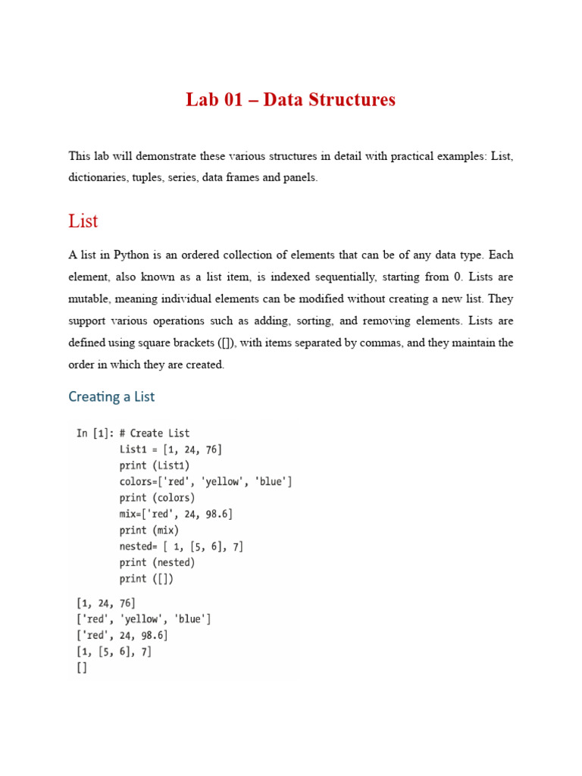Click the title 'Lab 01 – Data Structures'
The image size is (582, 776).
click(x=290, y=99)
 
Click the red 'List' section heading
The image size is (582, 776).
click(x=83, y=221)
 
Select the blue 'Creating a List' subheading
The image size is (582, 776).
click(x=111, y=396)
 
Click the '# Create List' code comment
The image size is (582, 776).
click(x=155, y=433)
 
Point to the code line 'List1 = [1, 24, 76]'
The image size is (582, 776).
click(x=171, y=449)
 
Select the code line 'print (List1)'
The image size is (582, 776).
click(x=155, y=465)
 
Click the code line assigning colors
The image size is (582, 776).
click(x=205, y=481)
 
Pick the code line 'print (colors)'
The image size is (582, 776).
click(x=157, y=498)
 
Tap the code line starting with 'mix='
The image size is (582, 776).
click(x=176, y=514)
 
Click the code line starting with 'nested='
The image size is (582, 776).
click(x=181, y=546)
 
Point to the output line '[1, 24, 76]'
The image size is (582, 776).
click(x=105, y=603)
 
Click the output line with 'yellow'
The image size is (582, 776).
click(x=143, y=619)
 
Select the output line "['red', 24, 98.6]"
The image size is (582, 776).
click(x=122, y=635)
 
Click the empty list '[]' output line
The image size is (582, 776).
click(x=82, y=668)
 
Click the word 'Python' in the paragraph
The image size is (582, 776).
click(x=136, y=255)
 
